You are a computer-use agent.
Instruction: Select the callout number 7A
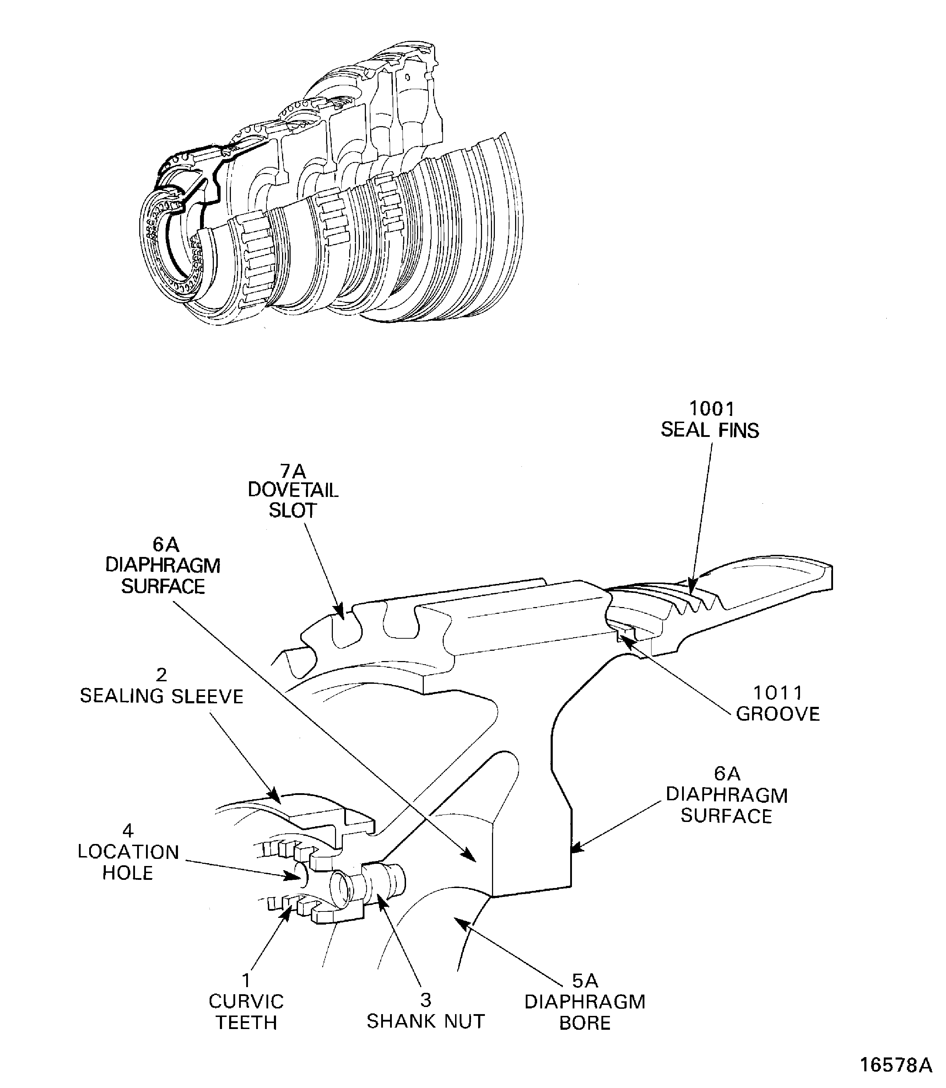[x=293, y=470]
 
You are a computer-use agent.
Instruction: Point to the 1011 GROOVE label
[x=778, y=703]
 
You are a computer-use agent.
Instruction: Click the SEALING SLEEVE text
[x=162, y=696]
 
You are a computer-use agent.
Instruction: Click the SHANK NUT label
[x=426, y=1021]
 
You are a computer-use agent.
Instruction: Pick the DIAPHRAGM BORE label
[x=585, y=1012]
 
